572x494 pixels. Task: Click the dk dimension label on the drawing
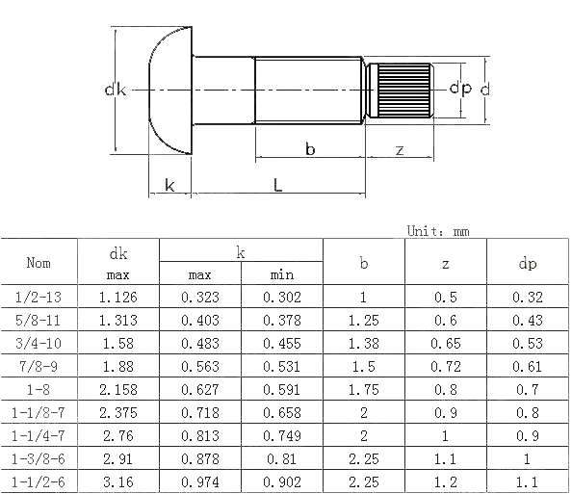click(116, 91)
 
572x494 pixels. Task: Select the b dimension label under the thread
click(310, 149)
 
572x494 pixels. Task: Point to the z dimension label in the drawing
click(399, 149)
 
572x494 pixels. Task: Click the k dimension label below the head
click(170, 185)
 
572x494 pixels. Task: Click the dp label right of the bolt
click(459, 90)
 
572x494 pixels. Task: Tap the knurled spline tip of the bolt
click(403, 90)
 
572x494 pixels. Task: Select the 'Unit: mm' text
click(438, 231)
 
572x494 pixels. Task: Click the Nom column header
click(39, 263)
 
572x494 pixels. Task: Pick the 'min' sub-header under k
click(282, 275)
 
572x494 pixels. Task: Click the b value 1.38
click(363, 344)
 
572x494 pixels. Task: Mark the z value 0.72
click(445, 366)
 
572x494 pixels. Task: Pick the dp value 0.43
click(527, 321)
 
